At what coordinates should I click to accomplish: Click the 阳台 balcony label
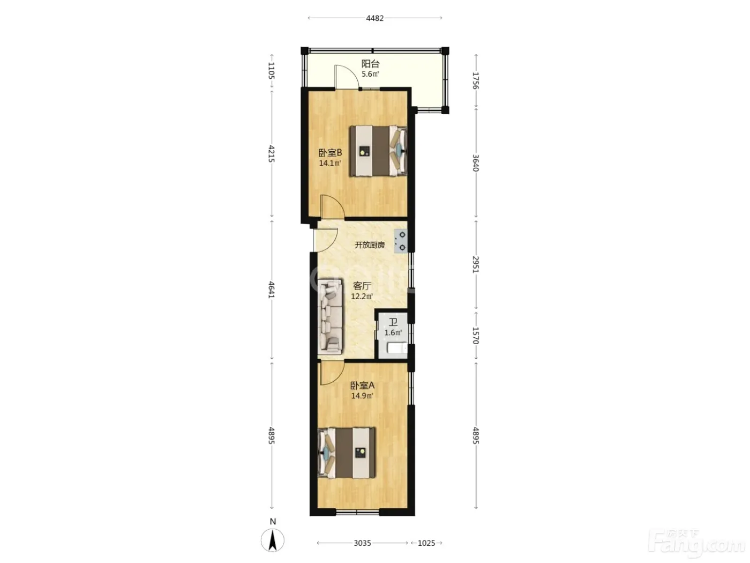pyautogui.click(x=370, y=64)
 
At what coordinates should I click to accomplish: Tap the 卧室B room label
pyautogui.click(x=330, y=153)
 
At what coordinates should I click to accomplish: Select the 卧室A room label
pyautogui.click(x=362, y=386)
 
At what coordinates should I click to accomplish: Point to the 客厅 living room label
pyautogui.click(x=362, y=286)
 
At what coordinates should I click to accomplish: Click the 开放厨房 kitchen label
pyautogui.click(x=369, y=245)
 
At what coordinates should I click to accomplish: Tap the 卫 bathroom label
pyautogui.click(x=393, y=322)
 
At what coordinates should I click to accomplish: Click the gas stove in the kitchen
pyautogui.click(x=401, y=241)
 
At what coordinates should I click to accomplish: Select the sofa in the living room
pyautogui.click(x=330, y=316)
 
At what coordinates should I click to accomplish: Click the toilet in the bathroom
pyautogui.click(x=397, y=348)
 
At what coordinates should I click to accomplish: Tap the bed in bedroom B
pyautogui.click(x=378, y=151)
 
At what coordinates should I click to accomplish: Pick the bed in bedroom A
pyautogui.click(x=347, y=453)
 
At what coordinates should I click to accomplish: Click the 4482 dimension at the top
pyautogui.click(x=375, y=18)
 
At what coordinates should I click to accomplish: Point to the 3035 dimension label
pyautogui.click(x=362, y=543)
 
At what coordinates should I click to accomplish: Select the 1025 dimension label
pyautogui.click(x=426, y=543)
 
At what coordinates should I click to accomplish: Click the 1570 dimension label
pyautogui.click(x=476, y=335)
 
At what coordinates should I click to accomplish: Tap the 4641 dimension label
pyautogui.click(x=271, y=290)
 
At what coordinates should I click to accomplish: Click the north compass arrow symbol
pyautogui.click(x=272, y=540)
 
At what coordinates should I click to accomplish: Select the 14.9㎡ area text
pyautogui.click(x=362, y=396)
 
